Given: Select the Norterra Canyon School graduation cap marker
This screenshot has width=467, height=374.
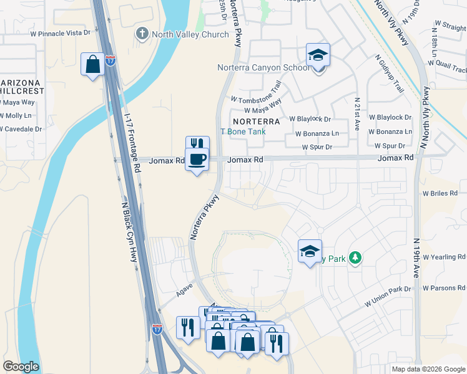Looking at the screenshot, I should tap(318, 55).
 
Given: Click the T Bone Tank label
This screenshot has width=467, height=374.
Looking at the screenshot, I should tap(243, 132).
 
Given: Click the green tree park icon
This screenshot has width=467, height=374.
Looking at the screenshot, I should tap(355, 257).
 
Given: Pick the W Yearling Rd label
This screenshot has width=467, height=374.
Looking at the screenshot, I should tap(445, 257).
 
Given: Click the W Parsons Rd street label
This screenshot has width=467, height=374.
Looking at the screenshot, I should tap(444, 288).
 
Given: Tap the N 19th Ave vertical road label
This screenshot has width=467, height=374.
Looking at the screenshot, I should tap(417, 258).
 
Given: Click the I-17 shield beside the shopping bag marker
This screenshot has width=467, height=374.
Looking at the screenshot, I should tap(110, 60).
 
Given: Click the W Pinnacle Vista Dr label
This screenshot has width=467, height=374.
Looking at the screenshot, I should tap(60, 32).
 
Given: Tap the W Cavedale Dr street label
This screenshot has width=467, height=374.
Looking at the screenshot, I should tap(21, 129).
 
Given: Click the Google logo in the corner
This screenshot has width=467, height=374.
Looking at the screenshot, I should tap(21, 367).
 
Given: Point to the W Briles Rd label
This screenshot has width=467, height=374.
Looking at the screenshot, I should tap(445, 194).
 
